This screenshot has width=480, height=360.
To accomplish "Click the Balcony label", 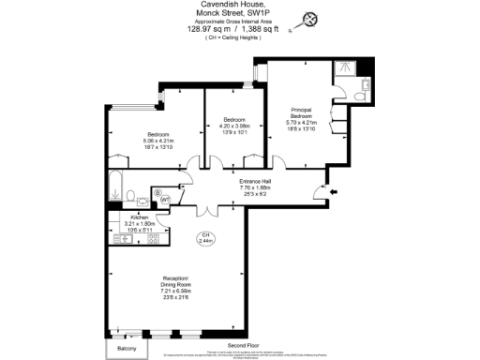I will [x=127, y=349].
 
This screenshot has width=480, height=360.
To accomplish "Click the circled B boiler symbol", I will [x=157, y=193].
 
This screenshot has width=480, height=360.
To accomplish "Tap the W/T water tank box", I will [x=165, y=200].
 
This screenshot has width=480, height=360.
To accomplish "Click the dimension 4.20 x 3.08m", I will [x=233, y=126].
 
